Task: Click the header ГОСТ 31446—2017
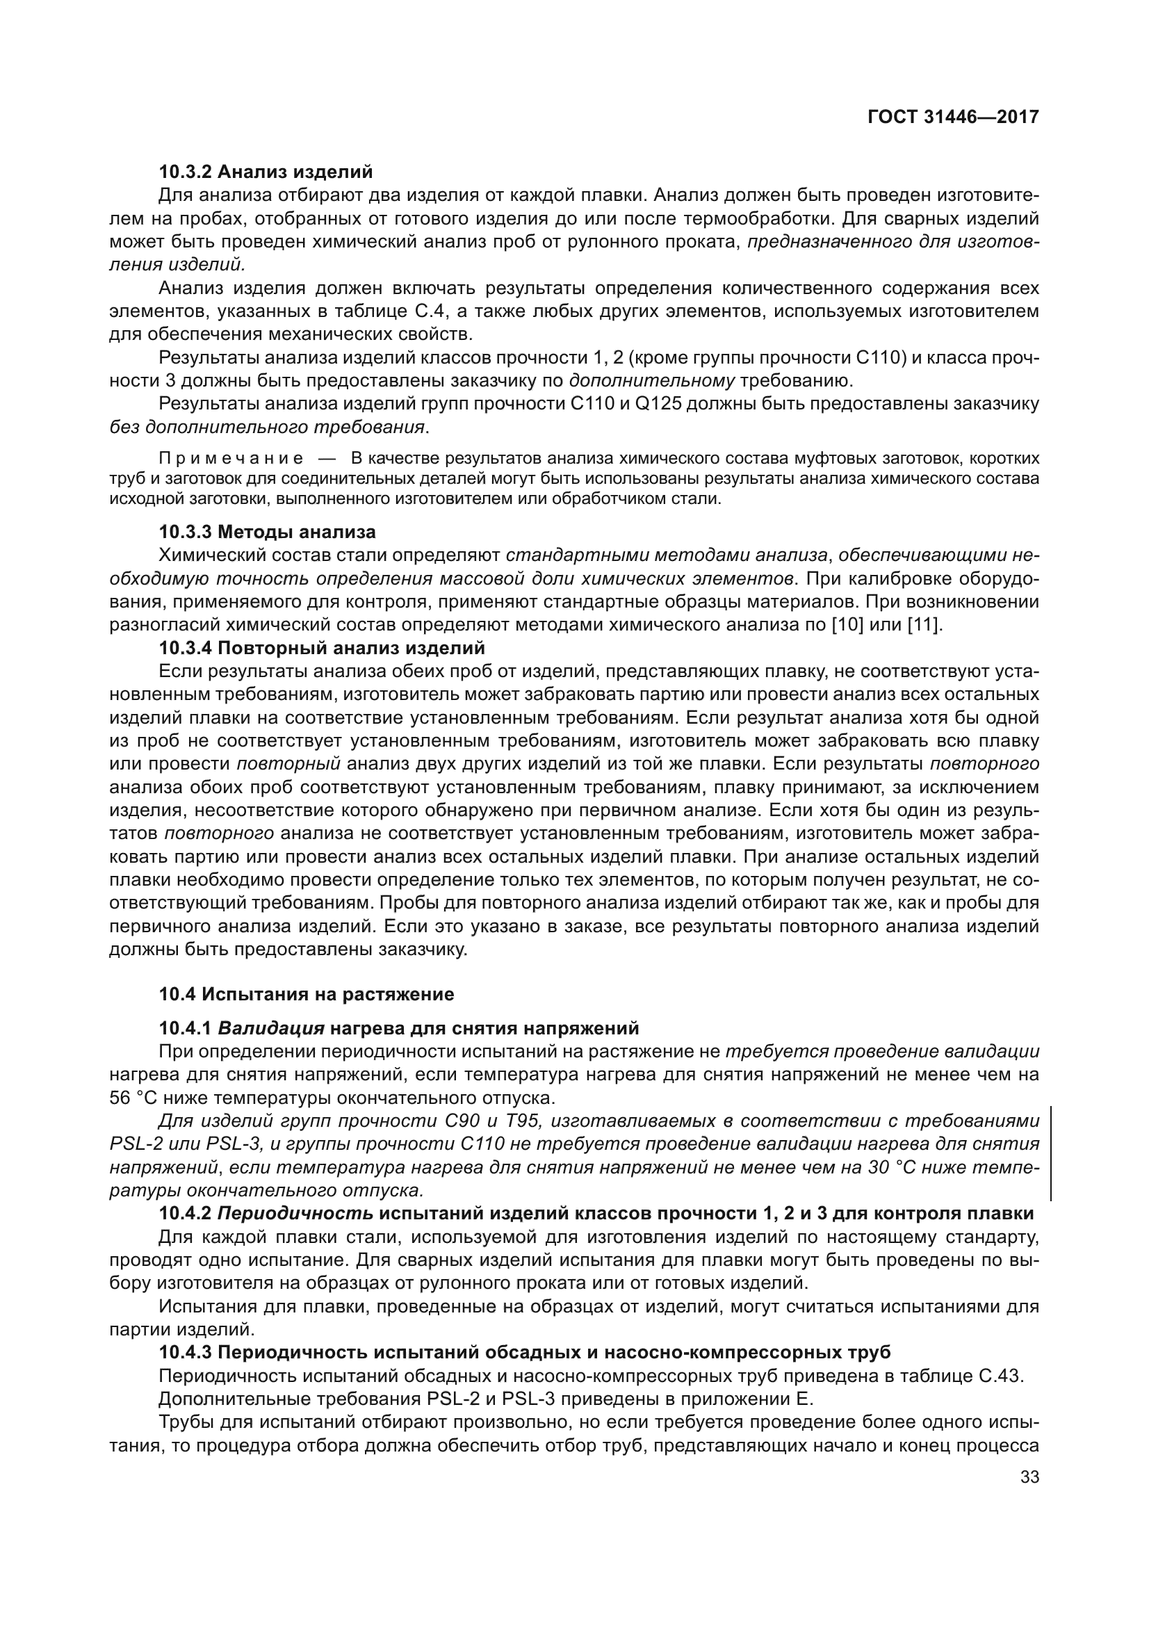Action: point(953,117)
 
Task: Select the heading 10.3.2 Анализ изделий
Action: point(266,172)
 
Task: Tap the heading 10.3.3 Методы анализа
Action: point(267,532)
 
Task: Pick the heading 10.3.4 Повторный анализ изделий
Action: point(322,648)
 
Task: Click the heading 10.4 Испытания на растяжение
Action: point(306,994)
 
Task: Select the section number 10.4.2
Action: point(185,1213)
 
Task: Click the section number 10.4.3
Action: point(185,1352)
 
